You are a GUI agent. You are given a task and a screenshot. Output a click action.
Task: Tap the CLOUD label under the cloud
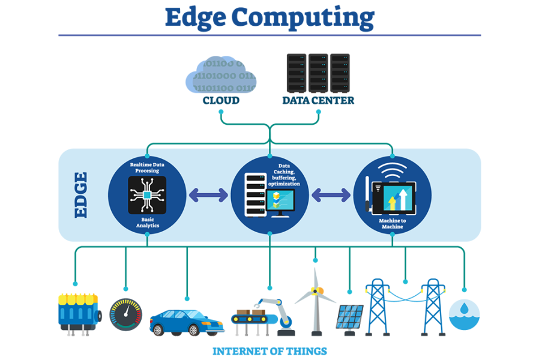(221, 100)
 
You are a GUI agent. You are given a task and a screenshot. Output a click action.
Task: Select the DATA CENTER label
(318, 100)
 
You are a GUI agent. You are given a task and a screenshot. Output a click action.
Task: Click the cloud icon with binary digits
(221, 75)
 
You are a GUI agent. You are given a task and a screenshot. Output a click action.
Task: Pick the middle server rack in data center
(318, 72)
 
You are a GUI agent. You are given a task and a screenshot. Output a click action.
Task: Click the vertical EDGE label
(80, 195)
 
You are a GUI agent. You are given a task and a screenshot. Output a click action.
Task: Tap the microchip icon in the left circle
(147, 195)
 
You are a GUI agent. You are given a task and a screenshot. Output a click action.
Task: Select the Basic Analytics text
(147, 223)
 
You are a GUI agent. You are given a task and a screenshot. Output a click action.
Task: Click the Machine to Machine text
(392, 224)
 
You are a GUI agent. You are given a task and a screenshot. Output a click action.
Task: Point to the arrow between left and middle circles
(208, 195)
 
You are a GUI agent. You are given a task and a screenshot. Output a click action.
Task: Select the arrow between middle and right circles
(331, 195)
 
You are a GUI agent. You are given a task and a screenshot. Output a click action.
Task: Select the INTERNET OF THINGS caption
(269, 351)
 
